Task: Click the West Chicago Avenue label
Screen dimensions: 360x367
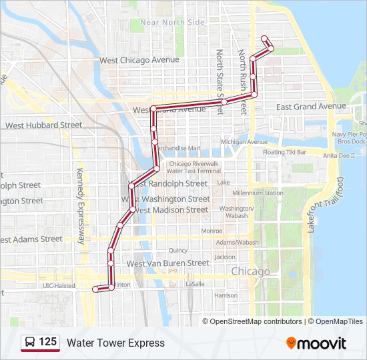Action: [x=139, y=60]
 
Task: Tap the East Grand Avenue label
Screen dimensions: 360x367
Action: [x=311, y=106]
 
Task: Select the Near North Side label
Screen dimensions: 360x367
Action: [x=173, y=22]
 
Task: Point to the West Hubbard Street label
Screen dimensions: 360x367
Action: [x=43, y=125]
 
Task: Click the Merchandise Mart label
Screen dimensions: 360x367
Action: [x=177, y=147]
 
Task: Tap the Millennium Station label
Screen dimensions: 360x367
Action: [x=258, y=193]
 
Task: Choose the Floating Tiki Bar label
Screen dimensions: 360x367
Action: [x=284, y=152]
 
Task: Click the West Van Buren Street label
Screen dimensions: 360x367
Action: [x=167, y=263]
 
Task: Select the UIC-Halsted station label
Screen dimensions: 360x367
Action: [x=58, y=285]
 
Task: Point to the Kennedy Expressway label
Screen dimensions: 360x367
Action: [x=80, y=207]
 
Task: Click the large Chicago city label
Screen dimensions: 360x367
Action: [x=250, y=271]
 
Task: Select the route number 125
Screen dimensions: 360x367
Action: [x=47, y=342]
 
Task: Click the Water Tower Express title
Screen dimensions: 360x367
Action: [x=115, y=343]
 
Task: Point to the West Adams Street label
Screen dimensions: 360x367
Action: [x=31, y=239]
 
